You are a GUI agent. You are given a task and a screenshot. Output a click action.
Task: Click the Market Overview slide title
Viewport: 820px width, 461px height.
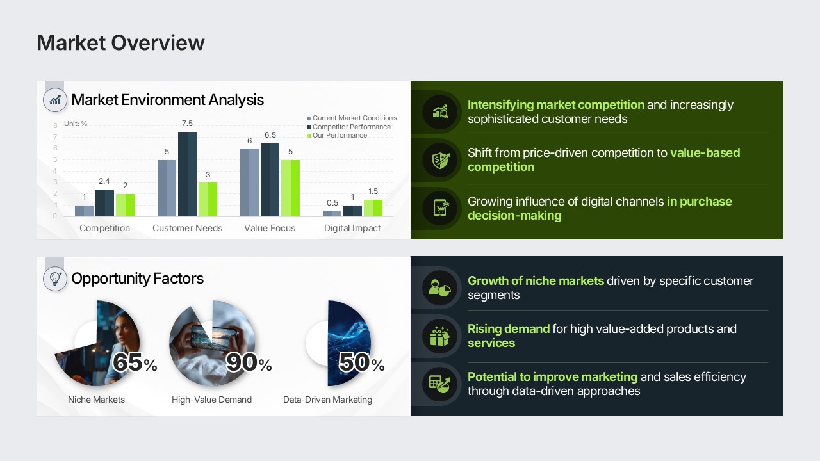[120, 43]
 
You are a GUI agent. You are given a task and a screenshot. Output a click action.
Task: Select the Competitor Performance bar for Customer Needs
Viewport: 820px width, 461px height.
[187, 174]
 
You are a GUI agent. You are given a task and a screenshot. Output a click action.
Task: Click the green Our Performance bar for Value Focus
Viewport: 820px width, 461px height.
[290, 188]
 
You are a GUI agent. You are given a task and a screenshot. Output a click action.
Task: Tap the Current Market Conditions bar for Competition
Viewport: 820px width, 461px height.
[84, 211]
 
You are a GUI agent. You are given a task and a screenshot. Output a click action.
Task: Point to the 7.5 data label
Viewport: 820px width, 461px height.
[187, 124]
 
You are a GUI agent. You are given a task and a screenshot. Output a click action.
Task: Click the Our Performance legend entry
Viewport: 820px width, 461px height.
[337, 135]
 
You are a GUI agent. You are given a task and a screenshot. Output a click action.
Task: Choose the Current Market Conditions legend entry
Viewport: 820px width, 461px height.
[352, 118]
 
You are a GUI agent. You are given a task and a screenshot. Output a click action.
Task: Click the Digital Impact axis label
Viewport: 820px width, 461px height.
[352, 229]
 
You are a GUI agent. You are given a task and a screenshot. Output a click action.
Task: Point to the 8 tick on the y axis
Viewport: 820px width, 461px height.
[55, 125]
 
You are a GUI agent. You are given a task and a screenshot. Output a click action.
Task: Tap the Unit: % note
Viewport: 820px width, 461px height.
[76, 124]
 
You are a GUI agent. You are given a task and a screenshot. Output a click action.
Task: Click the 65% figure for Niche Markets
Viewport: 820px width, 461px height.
[135, 362]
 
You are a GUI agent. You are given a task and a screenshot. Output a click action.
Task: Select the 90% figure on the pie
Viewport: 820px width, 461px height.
[249, 362]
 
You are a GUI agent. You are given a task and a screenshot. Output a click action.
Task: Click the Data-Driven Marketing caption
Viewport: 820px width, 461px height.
[327, 400]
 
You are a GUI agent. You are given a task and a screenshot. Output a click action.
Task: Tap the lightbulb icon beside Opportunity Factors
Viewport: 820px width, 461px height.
[55, 279]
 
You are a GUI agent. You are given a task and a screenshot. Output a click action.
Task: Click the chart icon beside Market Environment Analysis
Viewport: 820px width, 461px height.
[55, 100]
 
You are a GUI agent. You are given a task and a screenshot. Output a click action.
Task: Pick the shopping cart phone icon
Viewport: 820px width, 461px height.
[440, 208]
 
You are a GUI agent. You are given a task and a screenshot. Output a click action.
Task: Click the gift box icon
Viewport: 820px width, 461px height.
[439, 336]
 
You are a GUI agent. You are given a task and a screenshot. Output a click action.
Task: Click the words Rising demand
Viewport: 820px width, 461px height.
[509, 329]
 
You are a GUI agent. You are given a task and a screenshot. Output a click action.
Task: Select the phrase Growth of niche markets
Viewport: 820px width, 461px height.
[536, 280]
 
